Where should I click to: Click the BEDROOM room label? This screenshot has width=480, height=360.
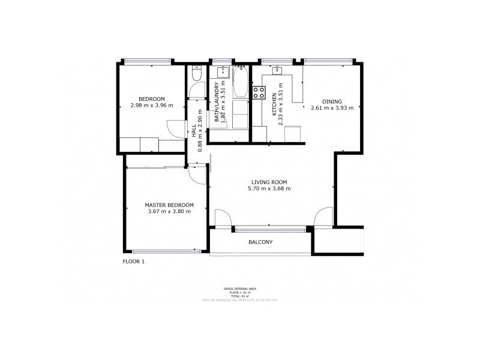(151, 99)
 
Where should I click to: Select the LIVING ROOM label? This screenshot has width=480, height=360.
(269, 182)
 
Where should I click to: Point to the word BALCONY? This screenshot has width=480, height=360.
(260, 242)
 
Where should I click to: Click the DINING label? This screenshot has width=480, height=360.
(332, 101)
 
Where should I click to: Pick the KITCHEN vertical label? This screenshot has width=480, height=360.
(274, 104)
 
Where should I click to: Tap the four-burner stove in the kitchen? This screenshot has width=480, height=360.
(259, 93)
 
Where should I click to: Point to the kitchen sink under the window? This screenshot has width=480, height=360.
(278, 71)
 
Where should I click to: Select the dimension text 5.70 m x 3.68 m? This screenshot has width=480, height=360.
(269, 188)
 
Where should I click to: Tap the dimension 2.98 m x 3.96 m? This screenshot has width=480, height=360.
(151, 106)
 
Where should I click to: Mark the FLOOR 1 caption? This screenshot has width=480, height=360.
(133, 262)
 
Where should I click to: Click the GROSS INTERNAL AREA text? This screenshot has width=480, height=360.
(240, 289)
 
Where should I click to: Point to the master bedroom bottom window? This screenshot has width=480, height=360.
(167, 251)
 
